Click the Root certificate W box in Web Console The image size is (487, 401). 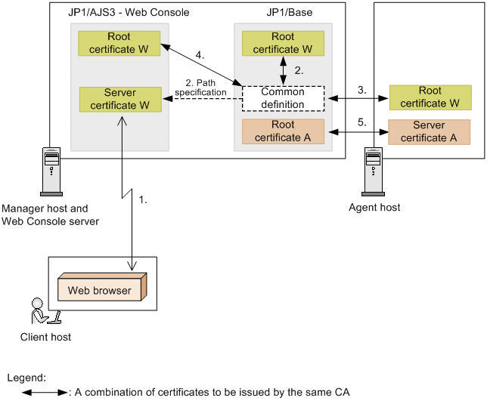click(x=119, y=43)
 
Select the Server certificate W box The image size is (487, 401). click(x=119, y=99)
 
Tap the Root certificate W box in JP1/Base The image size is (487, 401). click(x=283, y=43)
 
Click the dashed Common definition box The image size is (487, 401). click(x=283, y=98)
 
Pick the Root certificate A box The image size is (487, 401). click(x=283, y=131)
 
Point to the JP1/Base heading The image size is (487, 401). click(x=289, y=13)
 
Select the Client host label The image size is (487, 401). click(x=47, y=337)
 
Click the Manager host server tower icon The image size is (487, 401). click(x=49, y=169)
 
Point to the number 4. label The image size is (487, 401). click(x=200, y=55)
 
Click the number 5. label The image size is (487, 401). click(x=361, y=121)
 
